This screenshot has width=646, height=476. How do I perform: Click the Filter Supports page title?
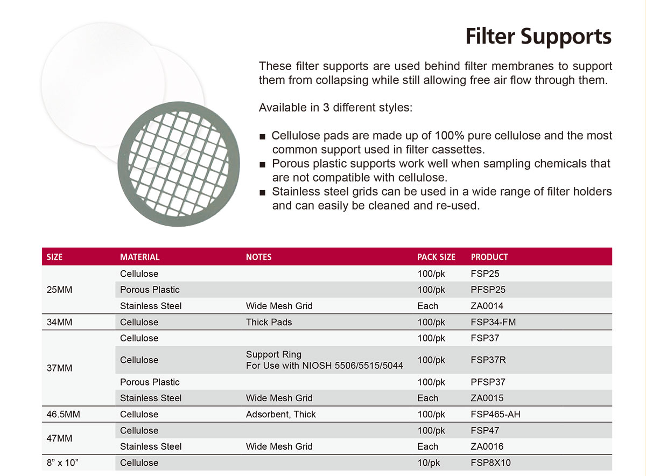(x=538, y=37)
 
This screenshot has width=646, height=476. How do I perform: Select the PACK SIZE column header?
(x=436, y=257)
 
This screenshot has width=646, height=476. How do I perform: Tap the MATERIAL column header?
(x=140, y=257)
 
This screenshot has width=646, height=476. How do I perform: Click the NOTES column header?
(x=259, y=257)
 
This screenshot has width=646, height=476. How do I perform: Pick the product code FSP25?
(x=485, y=274)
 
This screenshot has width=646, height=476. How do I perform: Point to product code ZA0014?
(x=487, y=306)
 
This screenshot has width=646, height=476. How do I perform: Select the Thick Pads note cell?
(x=269, y=322)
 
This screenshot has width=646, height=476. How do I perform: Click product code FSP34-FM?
(x=493, y=322)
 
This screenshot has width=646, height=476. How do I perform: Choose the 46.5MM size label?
(x=63, y=414)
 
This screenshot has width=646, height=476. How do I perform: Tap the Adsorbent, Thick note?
(x=280, y=414)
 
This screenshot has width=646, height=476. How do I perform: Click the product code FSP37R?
(x=488, y=360)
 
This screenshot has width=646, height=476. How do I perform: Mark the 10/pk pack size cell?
(x=429, y=463)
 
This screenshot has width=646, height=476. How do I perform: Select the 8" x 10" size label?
(x=62, y=463)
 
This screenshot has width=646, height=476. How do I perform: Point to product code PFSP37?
(x=488, y=382)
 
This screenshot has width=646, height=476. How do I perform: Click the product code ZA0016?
(x=487, y=446)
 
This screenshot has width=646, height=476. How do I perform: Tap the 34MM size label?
(x=59, y=322)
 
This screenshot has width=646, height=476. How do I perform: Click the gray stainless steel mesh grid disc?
(x=124, y=164)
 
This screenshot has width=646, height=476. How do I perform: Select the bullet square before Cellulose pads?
(x=262, y=137)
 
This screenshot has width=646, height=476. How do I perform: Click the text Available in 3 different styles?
(x=335, y=108)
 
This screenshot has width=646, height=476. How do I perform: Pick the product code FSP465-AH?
(x=495, y=414)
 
